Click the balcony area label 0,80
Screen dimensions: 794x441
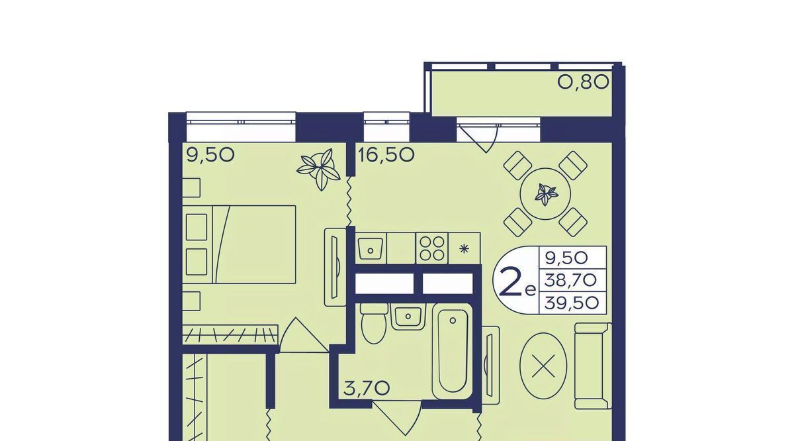coord(583,82)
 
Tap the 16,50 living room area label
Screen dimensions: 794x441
coord(386,155)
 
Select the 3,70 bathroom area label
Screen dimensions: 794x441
coord(367,389)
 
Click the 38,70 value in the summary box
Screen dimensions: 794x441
coord(570,281)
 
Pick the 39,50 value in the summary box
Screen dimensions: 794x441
coord(572,303)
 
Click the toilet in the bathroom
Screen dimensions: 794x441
coord(373,323)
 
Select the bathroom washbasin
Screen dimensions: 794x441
coord(408,317)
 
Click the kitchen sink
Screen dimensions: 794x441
coord(371,249)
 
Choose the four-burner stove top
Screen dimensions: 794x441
coord(431,248)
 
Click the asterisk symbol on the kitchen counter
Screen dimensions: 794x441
coord(464,249)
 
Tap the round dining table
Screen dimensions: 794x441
coord(545,194)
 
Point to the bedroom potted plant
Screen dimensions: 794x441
coord(318,170)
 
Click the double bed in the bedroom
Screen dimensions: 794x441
coord(239,244)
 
